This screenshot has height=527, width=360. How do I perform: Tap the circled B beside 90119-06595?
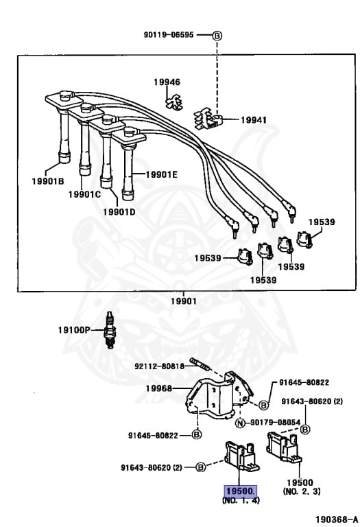pyautogui.click(x=217, y=35)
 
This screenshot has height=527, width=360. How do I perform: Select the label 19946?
pyautogui.click(x=167, y=82)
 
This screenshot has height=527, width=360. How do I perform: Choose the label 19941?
pyautogui.click(x=254, y=119)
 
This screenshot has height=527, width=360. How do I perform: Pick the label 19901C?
pyautogui.click(x=84, y=194)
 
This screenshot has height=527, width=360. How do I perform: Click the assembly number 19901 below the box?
pyautogui.click(x=183, y=301)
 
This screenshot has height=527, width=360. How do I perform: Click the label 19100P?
pyautogui.click(x=73, y=329)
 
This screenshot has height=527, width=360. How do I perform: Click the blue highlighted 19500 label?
pyautogui.click(x=240, y=491)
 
